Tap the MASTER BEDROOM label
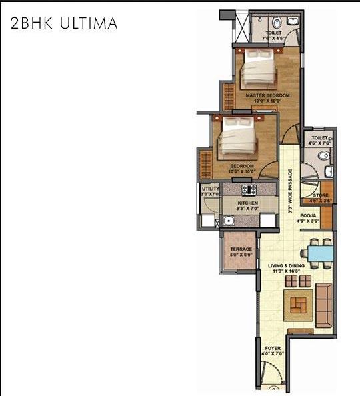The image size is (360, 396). click(267, 96)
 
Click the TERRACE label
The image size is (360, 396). click(241, 249)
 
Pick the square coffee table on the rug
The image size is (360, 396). click(296, 306)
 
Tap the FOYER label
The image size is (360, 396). click(273, 349)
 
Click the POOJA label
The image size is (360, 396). click(307, 217)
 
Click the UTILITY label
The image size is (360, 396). click(210, 189)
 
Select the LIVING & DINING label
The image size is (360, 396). click(286, 266)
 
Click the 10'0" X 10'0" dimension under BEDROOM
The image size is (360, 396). click(241, 172)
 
